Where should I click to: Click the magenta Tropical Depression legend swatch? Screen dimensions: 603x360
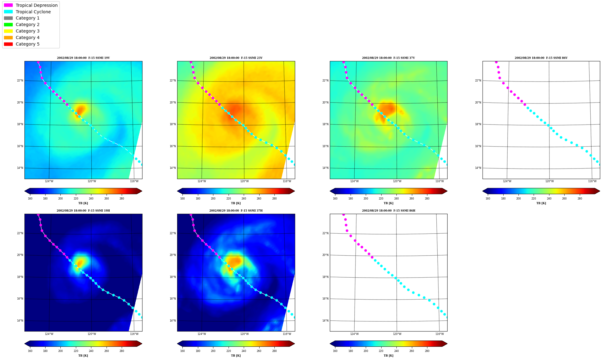tap(8, 5)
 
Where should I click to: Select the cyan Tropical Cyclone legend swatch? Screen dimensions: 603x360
tap(8, 12)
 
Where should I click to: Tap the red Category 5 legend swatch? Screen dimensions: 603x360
tap(8, 44)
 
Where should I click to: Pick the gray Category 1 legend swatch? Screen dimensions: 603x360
tap(8, 18)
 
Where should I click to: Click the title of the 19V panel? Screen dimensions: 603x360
tap(83, 58)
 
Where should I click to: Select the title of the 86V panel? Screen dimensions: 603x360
tap(541, 58)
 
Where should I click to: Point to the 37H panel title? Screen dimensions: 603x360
tap(236, 211)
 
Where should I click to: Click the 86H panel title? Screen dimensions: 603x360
tap(389, 211)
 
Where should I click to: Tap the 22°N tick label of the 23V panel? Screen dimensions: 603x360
tap(173, 81)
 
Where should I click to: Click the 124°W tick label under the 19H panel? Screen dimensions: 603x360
tap(49, 334)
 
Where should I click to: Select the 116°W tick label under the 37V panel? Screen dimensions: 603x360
tap(439, 181)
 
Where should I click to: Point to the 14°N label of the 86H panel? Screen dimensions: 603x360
tap(325, 321)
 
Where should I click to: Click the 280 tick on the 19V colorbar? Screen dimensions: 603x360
tap(122, 199)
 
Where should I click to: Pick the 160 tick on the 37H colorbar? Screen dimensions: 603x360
tap(182, 351)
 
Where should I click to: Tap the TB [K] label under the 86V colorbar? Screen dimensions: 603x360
tap(541, 203)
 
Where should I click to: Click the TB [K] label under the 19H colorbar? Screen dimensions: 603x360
tap(83, 356)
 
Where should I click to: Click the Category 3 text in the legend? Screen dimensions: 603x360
tap(28, 31)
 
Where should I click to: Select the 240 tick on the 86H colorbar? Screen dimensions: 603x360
tap(396, 351)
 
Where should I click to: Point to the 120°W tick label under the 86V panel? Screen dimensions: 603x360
tap(550, 181)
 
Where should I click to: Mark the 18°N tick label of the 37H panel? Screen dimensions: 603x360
tap(173, 277)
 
